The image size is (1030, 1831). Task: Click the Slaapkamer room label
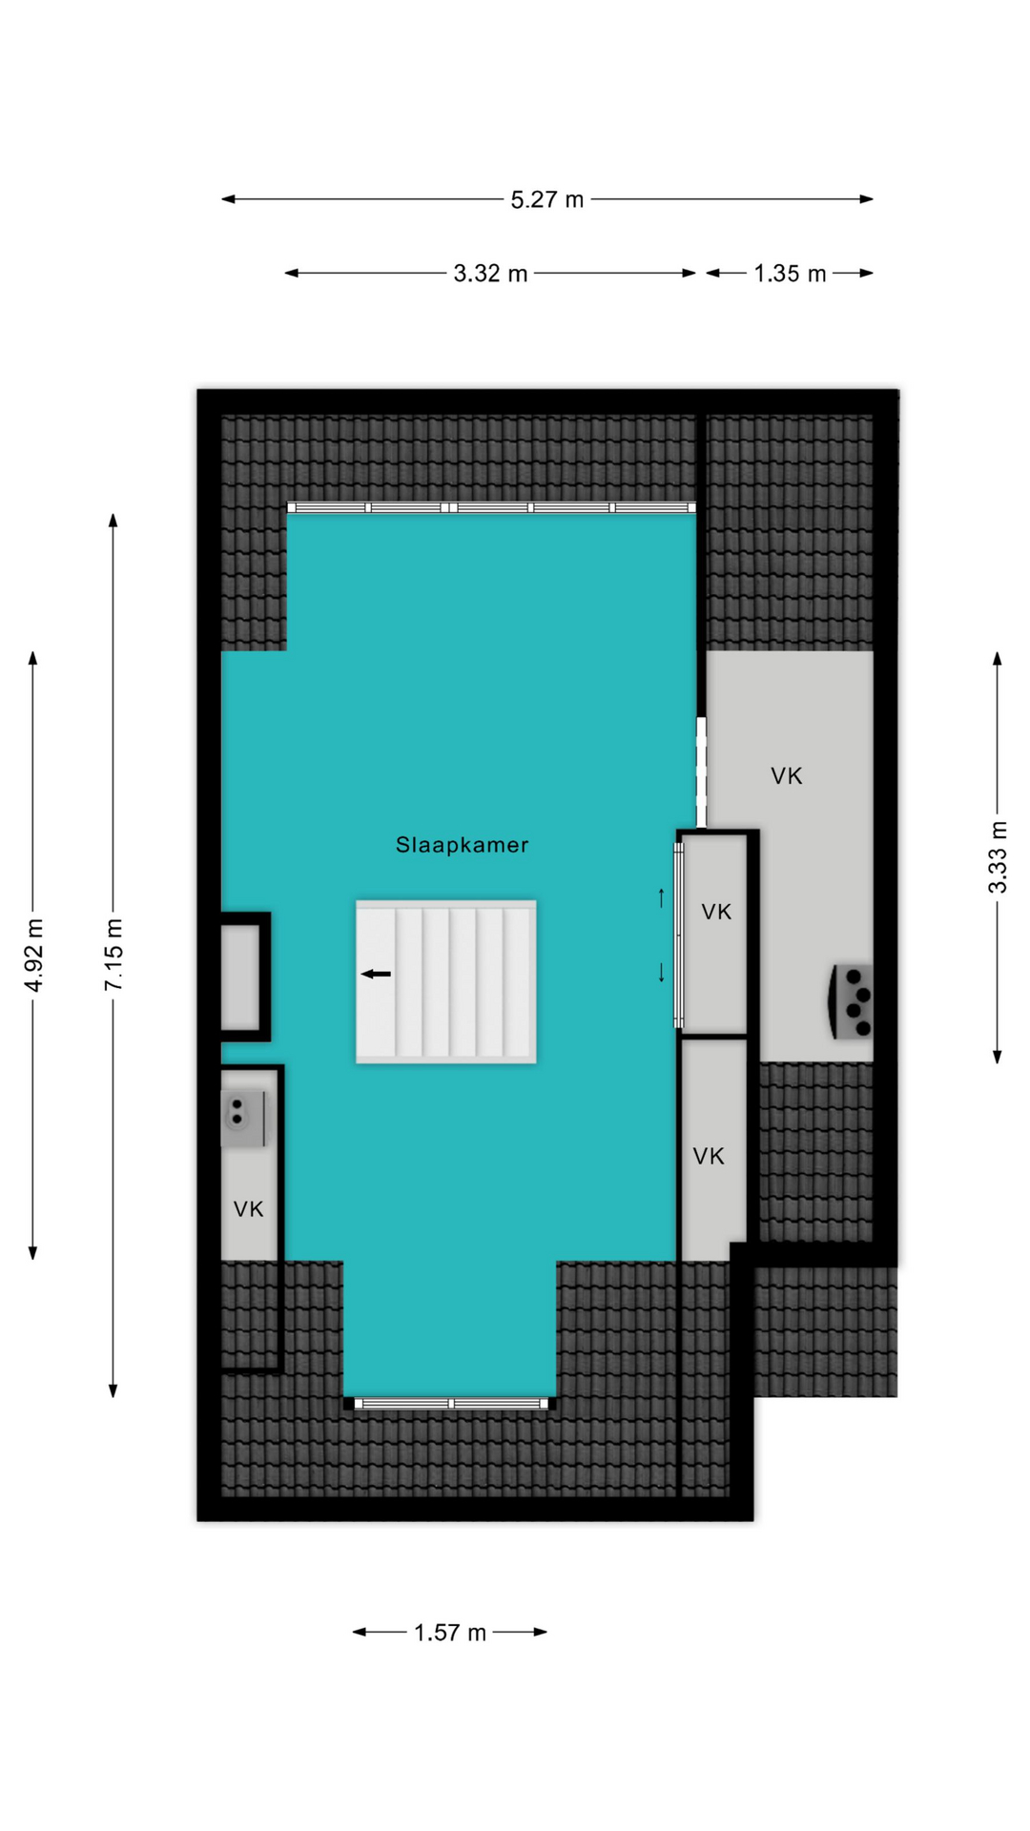point(462,845)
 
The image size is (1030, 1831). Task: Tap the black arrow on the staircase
point(376,974)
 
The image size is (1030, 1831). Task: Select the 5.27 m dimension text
point(546,199)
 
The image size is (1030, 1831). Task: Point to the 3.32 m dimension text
point(490,274)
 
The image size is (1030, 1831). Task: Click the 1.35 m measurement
point(790,274)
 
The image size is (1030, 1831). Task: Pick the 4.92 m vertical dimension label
point(34,955)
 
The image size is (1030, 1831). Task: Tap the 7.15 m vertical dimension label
point(114,955)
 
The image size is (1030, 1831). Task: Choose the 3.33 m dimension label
point(998,856)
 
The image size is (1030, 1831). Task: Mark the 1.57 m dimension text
point(450,1633)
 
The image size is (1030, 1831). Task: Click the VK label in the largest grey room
point(787,776)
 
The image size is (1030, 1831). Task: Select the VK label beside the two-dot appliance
point(248,1209)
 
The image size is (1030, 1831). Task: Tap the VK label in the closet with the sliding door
point(716,912)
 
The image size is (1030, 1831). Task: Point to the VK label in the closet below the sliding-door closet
point(709,1157)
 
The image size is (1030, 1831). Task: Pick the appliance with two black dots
point(242,1119)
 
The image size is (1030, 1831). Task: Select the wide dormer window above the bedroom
point(491,507)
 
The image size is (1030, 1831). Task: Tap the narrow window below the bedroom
point(450,1403)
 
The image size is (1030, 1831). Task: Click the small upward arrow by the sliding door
point(661,897)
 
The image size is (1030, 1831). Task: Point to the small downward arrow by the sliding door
point(661,972)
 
